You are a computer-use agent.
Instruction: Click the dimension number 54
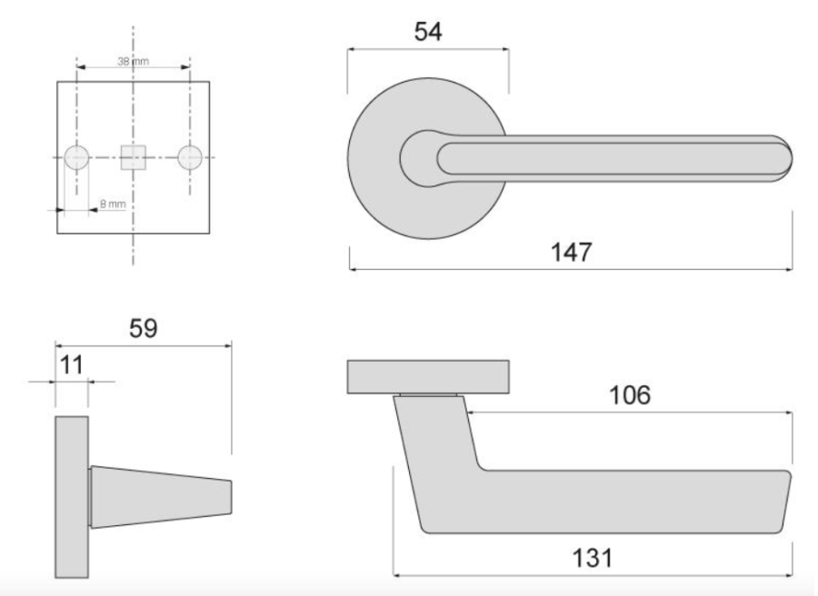(428, 32)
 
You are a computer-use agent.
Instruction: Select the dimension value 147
(572, 253)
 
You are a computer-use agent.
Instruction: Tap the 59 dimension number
(143, 329)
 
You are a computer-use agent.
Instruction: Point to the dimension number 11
(72, 365)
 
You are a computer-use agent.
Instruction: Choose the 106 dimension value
(630, 395)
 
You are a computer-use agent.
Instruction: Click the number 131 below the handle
(592, 559)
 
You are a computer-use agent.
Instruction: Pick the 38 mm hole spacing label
(133, 62)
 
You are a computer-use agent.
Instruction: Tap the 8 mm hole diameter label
(113, 204)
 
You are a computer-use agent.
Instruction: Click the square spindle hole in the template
(133, 157)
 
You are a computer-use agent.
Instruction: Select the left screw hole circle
(76, 157)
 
